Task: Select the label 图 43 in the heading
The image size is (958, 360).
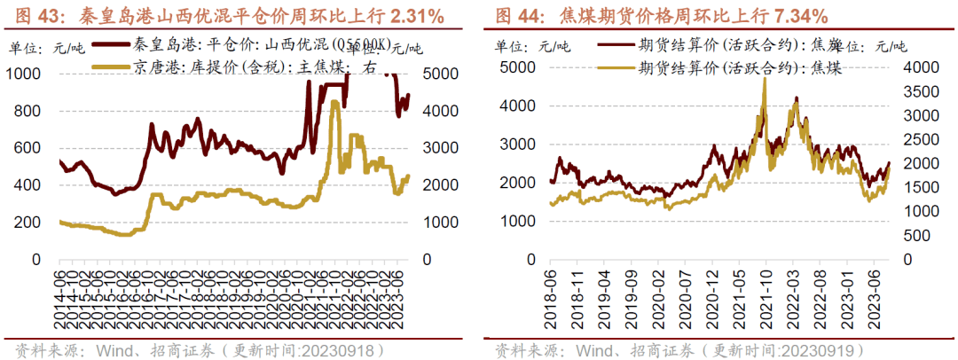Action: [29, 15]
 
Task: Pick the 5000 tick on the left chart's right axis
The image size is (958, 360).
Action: [438, 74]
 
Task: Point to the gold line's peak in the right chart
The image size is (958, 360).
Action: [764, 79]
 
